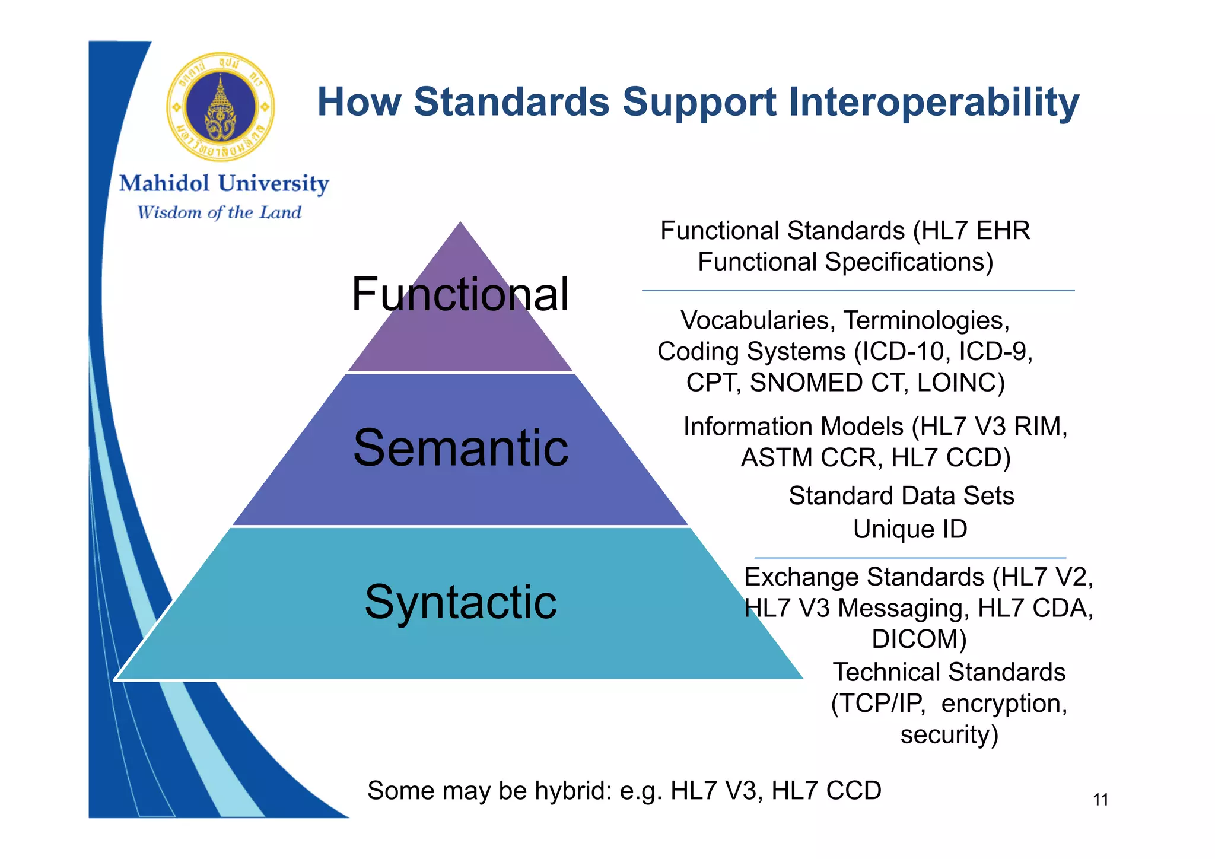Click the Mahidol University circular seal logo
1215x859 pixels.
221,107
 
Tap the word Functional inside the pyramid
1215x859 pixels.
460,294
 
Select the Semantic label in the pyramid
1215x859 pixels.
460,448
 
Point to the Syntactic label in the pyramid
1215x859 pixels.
460,602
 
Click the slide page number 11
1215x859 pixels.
1101,800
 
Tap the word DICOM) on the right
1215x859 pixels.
919,640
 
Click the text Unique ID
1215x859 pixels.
910,529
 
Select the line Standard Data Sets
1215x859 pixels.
901,496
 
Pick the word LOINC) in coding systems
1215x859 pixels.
960,383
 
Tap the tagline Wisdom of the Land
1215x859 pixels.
220,212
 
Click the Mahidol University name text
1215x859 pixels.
224,184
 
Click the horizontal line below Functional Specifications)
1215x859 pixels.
858,291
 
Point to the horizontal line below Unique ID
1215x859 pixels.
910,558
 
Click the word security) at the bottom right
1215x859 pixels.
949,735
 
